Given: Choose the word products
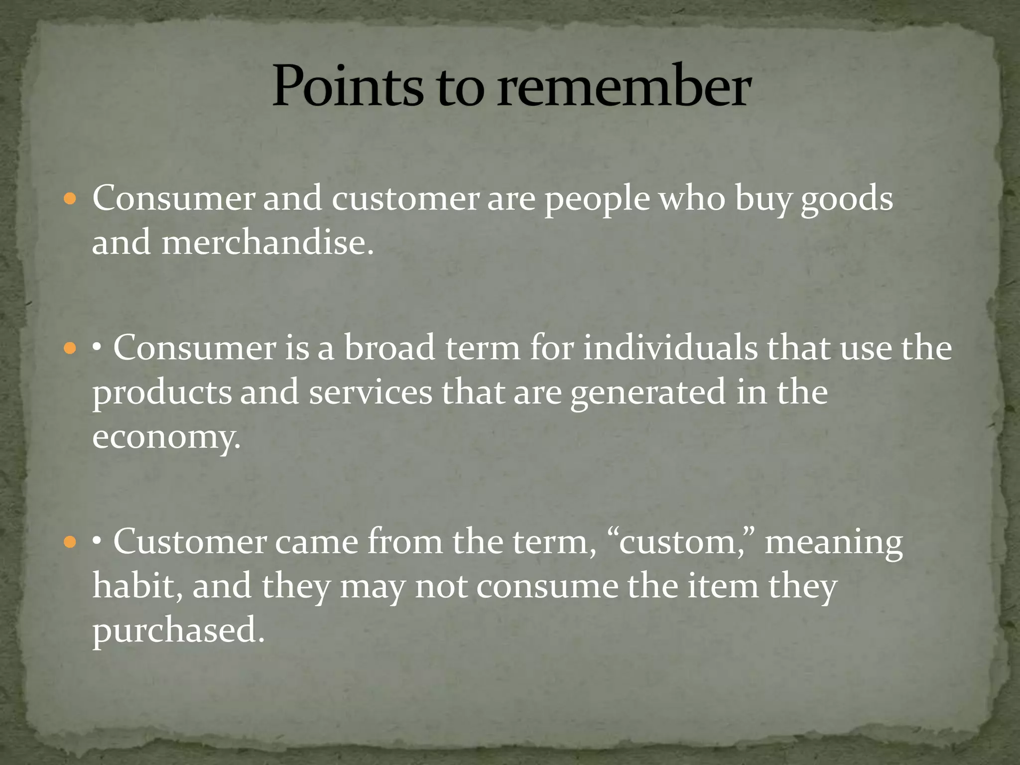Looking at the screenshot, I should tap(162, 392).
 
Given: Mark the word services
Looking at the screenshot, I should tap(371, 392).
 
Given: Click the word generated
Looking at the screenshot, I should tap(647, 392).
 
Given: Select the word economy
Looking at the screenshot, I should tap(166, 437).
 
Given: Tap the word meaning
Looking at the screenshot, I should tap(833, 542).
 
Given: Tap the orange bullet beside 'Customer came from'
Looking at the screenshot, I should tap(70, 542).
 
